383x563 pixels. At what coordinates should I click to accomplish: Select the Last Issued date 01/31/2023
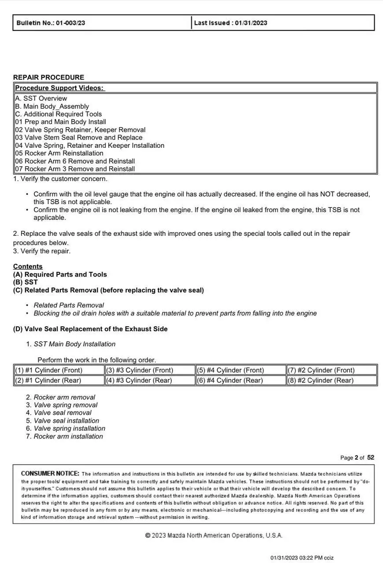[251, 23]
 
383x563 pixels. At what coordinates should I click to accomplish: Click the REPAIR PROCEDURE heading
[48, 77]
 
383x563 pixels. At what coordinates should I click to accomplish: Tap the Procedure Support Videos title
[60, 88]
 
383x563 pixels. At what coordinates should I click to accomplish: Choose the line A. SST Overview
[41, 99]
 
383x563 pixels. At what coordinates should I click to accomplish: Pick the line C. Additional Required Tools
[59, 114]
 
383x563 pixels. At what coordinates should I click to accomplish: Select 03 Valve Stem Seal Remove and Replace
[79, 138]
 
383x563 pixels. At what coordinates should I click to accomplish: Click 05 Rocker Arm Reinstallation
[59, 153]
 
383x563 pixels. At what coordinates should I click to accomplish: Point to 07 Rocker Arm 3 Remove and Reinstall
[75, 169]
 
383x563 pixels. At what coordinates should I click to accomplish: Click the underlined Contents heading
[28, 267]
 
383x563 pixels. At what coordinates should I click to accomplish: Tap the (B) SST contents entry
[26, 282]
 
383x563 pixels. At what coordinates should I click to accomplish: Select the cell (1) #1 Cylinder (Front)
[49, 370]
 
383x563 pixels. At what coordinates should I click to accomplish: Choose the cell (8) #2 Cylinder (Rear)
[321, 380]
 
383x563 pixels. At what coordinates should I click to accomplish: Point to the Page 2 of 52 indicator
[357, 457]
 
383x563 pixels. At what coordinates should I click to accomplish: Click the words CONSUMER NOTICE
[50, 474]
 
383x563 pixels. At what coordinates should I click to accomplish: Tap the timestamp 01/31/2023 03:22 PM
[297, 558]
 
